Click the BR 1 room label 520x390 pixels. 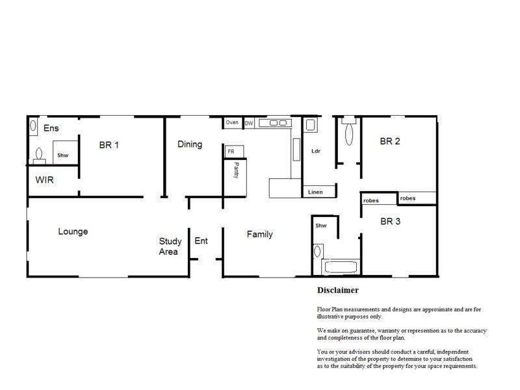tap(109, 144)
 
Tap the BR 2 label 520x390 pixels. tap(389, 141)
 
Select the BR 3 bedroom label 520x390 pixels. tap(390, 221)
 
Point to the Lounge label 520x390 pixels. tap(73, 231)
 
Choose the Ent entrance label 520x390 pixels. tap(201, 241)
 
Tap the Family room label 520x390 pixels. tap(259, 235)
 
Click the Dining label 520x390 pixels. tap(190, 144)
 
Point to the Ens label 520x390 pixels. tap(51, 129)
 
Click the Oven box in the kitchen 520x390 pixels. tap(232, 123)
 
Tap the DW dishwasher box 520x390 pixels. tap(248, 123)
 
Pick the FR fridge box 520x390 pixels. tap(230, 151)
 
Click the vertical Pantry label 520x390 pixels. tap(237, 171)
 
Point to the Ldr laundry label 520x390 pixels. tap(317, 151)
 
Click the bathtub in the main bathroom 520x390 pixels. tap(340, 267)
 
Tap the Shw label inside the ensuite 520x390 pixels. tap(63, 156)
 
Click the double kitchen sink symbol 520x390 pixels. tap(274, 122)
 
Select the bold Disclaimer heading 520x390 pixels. tap(338, 290)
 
